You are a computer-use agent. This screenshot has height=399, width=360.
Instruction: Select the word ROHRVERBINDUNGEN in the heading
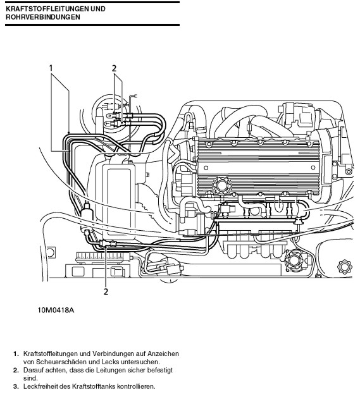[x=43, y=17]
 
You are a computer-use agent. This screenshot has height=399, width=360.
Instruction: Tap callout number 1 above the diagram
[x=51, y=68]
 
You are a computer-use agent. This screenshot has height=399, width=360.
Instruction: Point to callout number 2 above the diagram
[x=114, y=68]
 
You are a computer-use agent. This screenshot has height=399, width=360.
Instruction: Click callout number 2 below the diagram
[x=106, y=292]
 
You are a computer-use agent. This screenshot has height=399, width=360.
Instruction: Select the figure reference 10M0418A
[x=56, y=310]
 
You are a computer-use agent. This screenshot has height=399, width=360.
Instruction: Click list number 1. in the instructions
[x=16, y=353]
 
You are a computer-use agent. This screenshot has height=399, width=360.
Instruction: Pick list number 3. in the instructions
[x=16, y=386]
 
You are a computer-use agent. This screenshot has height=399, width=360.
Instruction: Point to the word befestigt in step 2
[x=160, y=370]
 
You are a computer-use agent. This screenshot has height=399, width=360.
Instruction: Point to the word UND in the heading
[x=98, y=9]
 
